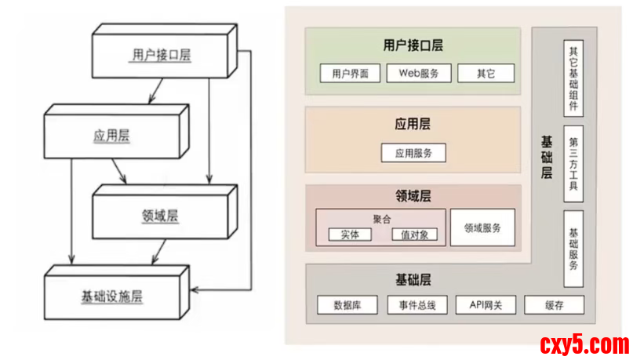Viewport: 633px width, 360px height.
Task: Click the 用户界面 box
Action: pyautogui.click(x=350, y=74)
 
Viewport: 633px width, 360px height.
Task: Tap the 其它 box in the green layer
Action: pyautogui.click(x=486, y=74)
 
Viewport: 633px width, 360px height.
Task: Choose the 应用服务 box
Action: pyautogui.click(x=413, y=152)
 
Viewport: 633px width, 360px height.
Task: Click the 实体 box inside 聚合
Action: pyautogui.click(x=344, y=235)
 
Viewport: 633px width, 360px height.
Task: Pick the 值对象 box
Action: pyautogui.click(x=414, y=235)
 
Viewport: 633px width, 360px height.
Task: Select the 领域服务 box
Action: pyautogui.click(x=482, y=227)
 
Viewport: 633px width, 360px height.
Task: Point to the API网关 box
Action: pyautogui.click(x=485, y=305)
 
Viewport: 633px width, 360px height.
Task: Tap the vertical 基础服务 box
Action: pyautogui.click(x=573, y=249)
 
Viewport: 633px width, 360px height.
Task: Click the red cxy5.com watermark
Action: pyautogui.click(x=584, y=344)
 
